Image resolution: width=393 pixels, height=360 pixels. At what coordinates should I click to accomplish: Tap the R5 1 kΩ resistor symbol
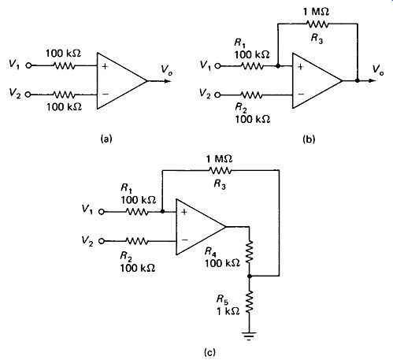point(249,302)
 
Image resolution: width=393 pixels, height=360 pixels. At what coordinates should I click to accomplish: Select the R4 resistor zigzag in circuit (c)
point(249,251)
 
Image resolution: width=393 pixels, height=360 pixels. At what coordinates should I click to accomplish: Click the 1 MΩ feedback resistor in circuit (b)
point(317,24)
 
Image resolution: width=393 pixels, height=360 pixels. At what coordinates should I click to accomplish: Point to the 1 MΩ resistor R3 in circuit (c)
point(221,171)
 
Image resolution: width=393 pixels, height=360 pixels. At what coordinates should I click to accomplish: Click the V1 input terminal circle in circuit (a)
point(28,65)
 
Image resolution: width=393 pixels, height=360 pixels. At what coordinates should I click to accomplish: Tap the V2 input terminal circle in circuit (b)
point(217,95)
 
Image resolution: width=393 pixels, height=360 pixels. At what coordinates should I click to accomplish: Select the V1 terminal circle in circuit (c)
point(102,212)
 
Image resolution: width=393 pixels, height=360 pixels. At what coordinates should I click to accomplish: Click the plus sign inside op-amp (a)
point(105,66)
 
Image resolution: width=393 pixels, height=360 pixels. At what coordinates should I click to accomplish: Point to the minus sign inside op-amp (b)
point(301,94)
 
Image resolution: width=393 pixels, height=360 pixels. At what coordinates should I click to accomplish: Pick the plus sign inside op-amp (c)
point(184,212)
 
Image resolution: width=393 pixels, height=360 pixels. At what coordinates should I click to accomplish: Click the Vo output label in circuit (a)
point(166,70)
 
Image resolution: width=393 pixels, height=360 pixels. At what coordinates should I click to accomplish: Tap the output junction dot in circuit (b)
point(358,80)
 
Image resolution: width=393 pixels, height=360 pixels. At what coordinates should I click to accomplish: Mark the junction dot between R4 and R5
point(250,276)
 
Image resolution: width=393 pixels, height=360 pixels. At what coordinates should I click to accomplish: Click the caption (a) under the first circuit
point(106,139)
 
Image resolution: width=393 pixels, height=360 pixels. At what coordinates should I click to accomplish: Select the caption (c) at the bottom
point(210,352)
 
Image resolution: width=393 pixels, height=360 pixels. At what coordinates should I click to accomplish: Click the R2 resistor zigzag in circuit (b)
point(251,95)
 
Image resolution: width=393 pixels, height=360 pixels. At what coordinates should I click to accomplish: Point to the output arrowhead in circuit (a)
point(168,80)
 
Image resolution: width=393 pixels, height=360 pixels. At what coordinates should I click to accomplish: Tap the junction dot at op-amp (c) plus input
point(162,211)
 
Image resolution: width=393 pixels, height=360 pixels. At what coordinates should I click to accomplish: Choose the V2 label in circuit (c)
point(87,241)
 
